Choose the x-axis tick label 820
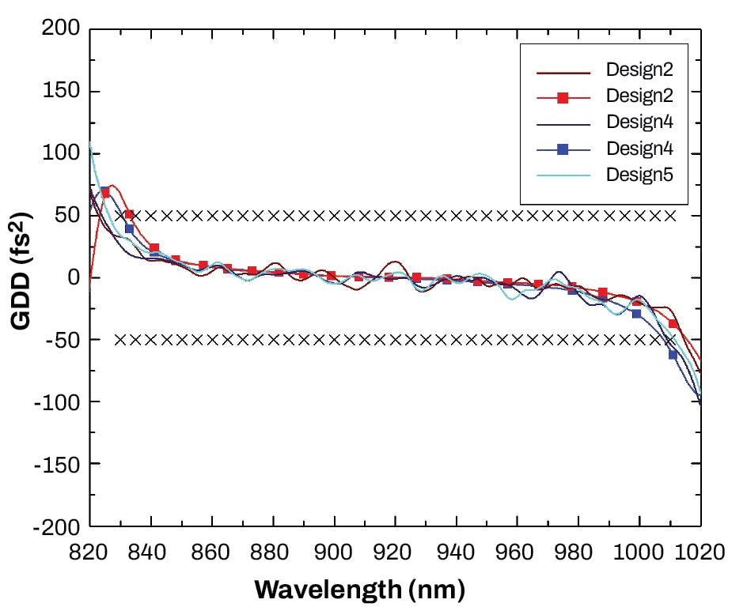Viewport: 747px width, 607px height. point(89,552)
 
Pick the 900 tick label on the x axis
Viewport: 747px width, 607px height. point(334,552)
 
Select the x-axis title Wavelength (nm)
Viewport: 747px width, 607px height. point(359,588)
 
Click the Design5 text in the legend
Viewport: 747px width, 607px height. point(639,175)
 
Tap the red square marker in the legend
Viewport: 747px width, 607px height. point(563,97)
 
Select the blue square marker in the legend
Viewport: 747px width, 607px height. point(563,149)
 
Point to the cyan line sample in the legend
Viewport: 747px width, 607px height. point(563,175)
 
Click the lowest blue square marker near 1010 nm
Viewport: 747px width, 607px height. point(673,355)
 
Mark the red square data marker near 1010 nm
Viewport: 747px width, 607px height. point(673,324)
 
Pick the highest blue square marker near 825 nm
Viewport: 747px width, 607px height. point(104,191)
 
